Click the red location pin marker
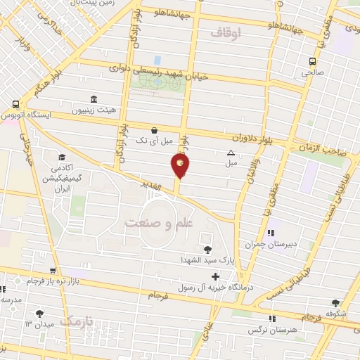pyautogui.click(x=180, y=166)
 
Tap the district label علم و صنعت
pyautogui.click(x=158, y=223)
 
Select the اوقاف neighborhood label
pyautogui.click(x=225, y=32)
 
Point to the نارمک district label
pyautogui.click(x=76, y=321)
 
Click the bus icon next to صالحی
pyautogui.click(x=314, y=60)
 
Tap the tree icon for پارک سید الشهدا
pyautogui.click(x=207, y=249)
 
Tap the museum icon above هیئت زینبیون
pyautogui.click(x=93, y=99)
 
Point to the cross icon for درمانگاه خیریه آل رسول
pyautogui.click(x=215, y=276)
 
